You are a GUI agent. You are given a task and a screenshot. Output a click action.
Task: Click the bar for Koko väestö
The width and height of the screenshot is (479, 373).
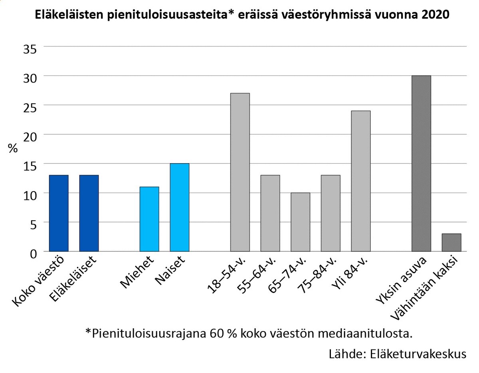[x=59, y=213]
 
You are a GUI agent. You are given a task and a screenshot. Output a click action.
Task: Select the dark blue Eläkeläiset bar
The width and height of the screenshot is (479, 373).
[x=89, y=213]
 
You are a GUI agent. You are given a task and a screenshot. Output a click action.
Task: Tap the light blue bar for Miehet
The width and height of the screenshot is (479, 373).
[x=149, y=219]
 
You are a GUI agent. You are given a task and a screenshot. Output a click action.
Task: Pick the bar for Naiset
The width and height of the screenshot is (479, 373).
[x=180, y=207]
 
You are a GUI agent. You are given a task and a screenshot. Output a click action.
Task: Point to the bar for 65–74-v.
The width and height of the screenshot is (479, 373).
[x=300, y=222]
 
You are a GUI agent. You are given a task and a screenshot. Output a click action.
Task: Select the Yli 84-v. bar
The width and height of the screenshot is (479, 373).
[x=361, y=181]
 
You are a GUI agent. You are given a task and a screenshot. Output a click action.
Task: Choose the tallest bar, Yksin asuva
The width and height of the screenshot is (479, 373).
[x=421, y=164]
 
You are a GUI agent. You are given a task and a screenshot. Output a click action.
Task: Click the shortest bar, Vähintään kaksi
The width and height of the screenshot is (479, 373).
[x=451, y=243]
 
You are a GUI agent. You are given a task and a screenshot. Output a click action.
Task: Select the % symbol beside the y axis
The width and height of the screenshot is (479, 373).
[x=13, y=149]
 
